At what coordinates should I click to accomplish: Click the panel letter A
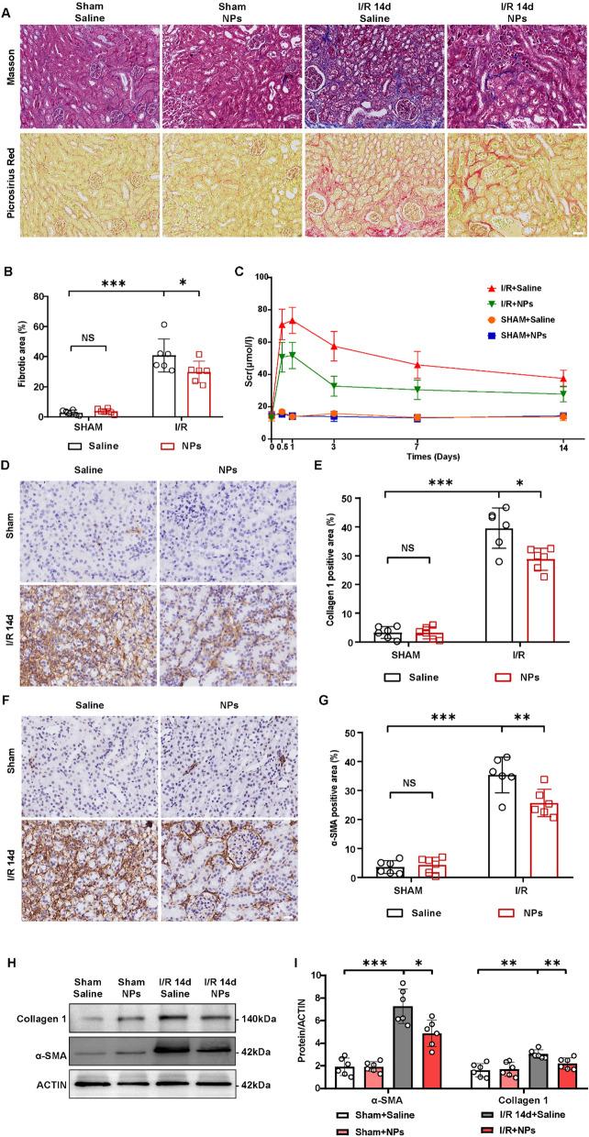7,7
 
